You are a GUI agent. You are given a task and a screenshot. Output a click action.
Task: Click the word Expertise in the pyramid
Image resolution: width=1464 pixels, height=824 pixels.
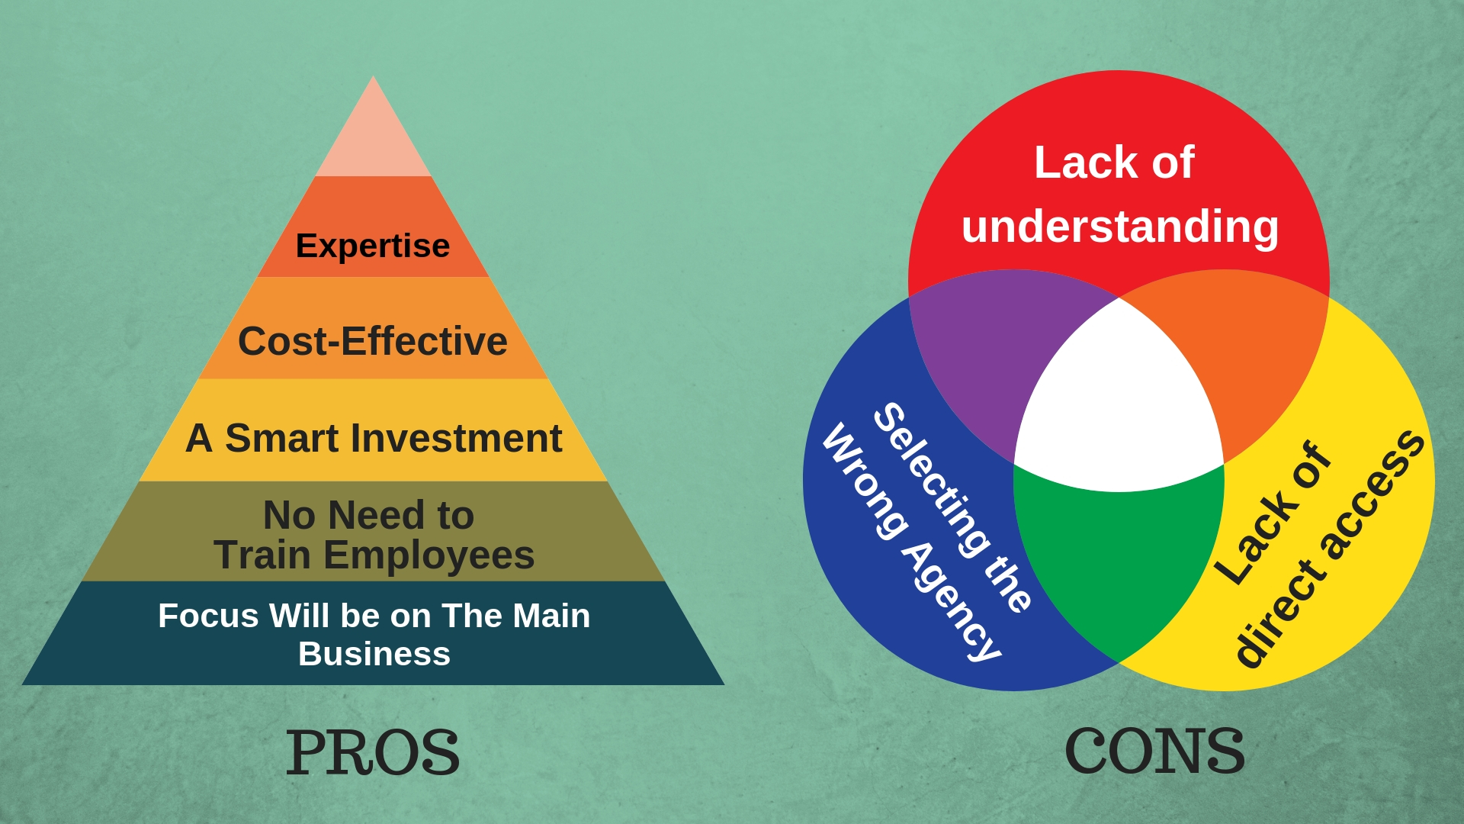pyautogui.click(x=373, y=246)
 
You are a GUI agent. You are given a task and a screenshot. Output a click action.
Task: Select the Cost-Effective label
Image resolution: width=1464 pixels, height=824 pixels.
pyautogui.click(x=373, y=341)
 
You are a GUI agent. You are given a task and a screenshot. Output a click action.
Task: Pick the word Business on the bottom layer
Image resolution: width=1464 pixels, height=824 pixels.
pyautogui.click(x=374, y=654)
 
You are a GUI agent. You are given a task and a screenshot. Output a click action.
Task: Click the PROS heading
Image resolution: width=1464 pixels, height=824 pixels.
pyautogui.click(x=373, y=753)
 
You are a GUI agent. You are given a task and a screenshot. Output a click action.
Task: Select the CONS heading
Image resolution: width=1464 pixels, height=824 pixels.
pyautogui.click(x=1154, y=752)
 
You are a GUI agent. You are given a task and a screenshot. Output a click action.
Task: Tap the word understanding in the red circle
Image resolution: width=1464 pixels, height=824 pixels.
pyautogui.click(x=1120, y=227)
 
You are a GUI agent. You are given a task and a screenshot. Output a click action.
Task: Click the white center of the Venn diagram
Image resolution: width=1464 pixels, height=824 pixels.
pyautogui.click(x=1119, y=404)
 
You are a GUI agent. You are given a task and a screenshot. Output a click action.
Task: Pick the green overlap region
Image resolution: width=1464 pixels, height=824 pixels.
pyautogui.click(x=1119, y=557)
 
